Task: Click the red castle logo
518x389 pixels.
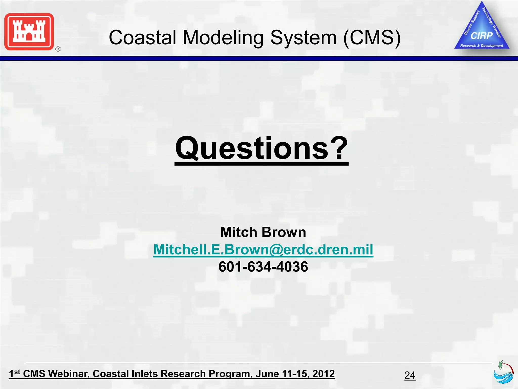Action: point(29,32)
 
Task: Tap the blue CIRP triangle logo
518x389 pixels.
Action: point(482,30)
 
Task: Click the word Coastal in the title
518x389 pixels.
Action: point(142,37)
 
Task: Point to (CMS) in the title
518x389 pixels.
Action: point(372,37)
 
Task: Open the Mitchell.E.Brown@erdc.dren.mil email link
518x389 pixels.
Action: point(263,249)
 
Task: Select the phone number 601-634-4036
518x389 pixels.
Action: point(263,267)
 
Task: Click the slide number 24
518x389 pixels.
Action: point(410,375)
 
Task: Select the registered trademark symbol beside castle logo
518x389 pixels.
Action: point(58,49)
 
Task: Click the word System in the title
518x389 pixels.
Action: point(304,37)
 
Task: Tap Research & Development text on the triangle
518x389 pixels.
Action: point(482,46)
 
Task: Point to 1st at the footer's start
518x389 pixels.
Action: point(14,373)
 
